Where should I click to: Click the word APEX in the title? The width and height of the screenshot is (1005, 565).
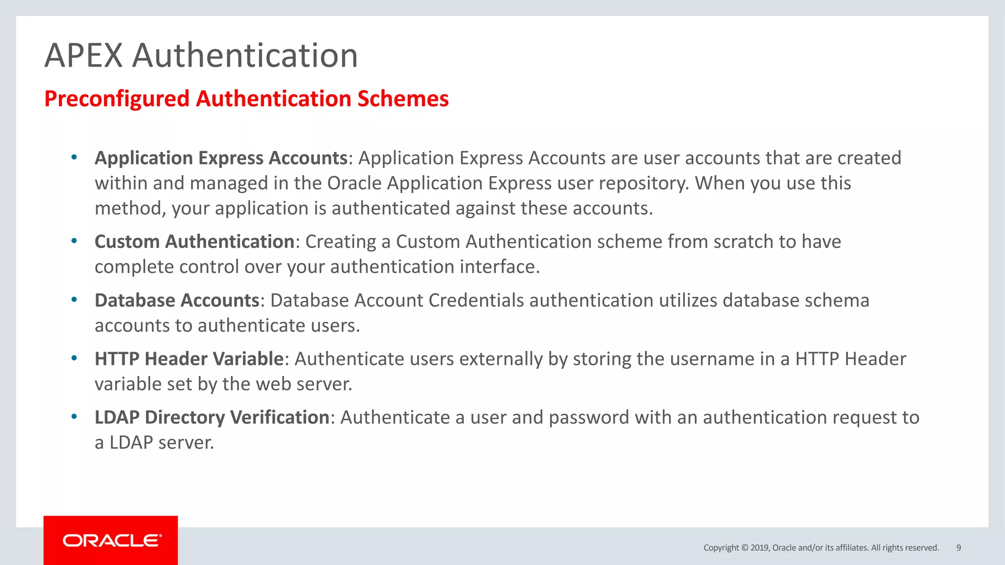coord(83,55)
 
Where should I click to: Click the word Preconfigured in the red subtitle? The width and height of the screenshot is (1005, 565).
coord(117,99)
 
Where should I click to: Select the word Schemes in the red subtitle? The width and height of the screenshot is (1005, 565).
coord(403,99)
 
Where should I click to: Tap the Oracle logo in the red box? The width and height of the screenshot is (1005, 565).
coord(112,540)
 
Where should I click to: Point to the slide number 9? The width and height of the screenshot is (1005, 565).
coord(958,548)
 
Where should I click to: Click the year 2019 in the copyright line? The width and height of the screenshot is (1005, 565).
coord(760,548)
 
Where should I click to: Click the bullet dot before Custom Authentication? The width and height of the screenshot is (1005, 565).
coord(74,241)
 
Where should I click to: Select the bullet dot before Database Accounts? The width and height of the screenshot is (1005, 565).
coord(74,299)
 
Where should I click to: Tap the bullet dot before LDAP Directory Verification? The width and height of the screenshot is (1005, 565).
coord(74,416)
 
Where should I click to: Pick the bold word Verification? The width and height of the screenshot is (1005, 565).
coord(280,417)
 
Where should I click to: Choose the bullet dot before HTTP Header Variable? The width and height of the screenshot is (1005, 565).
coord(74,358)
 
